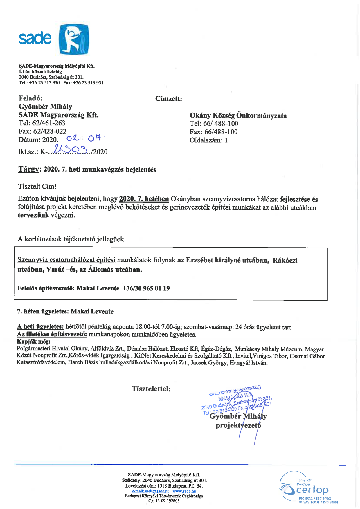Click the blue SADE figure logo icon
(74, 40)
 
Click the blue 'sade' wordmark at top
(35, 38)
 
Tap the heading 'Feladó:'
(30, 98)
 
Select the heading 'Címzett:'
(169, 99)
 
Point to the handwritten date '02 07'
(84, 138)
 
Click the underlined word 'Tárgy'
(28, 169)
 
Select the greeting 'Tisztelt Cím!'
(37, 186)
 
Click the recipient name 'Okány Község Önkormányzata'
(238, 115)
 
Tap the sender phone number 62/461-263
(48, 123)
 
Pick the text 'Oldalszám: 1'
(209, 140)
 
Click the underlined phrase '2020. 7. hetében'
(144, 199)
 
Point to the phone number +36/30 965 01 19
(146, 288)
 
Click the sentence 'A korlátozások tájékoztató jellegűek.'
(72, 239)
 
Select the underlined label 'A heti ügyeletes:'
(40, 327)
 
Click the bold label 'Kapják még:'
(34, 342)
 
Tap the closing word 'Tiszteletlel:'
(151, 389)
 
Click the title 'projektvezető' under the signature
(238, 425)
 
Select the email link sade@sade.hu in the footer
(151, 491)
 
